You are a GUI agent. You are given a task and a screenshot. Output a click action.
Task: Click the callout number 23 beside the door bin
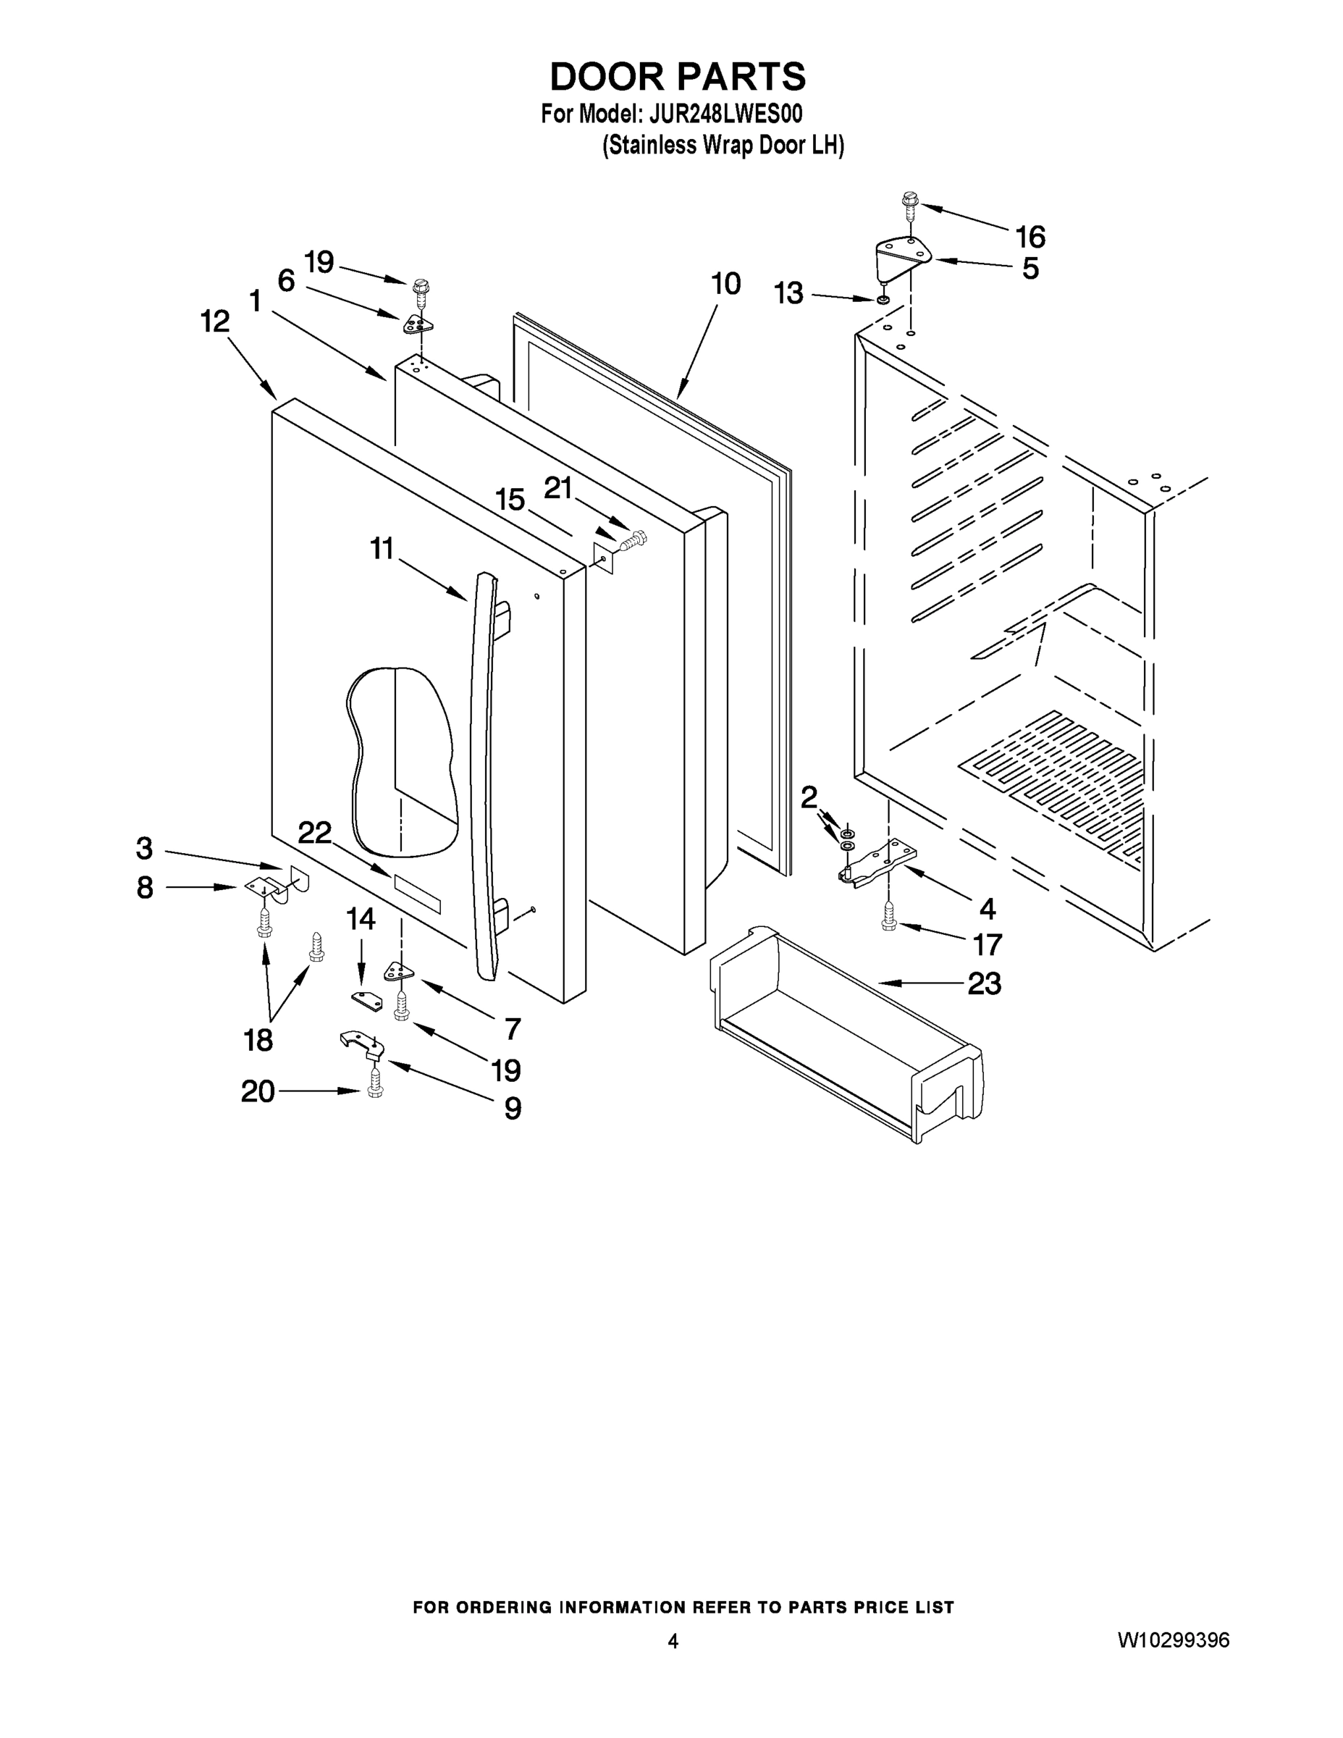pyautogui.click(x=983, y=984)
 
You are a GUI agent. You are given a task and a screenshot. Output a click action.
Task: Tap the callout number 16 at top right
pyautogui.click(x=1030, y=236)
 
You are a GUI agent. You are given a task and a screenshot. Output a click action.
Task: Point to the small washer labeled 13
pyautogui.click(x=883, y=300)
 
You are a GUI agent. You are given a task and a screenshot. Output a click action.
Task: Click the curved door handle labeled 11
pyautogui.click(x=481, y=764)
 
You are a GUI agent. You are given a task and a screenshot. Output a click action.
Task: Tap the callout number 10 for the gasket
pyautogui.click(x=725, y=284)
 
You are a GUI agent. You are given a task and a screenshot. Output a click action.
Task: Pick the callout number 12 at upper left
pyautogui.click(x=215, y=322)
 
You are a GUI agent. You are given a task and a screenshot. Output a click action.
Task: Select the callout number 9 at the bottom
pyautogui.click(x=513, y=1107)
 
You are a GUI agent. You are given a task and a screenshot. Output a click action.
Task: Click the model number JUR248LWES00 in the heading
pyautogui.click(x=725, y=114)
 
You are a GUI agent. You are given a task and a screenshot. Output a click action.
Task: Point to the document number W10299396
pyautogui.click(x=1174, y=1640)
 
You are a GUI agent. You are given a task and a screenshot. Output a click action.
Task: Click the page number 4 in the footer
pyautogui.click(x=673, y=1641)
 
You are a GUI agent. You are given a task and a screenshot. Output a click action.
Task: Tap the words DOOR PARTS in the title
pyautogui.click(x=677, y=76)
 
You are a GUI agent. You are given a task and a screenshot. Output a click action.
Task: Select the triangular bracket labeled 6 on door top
pyautogui.click(x=417, y=323)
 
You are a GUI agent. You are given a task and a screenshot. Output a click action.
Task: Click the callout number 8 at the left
pyautogui.click(x=144, y=886)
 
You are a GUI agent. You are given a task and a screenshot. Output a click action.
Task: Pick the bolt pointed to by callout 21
pyautogui.click(x=635, y=540)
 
